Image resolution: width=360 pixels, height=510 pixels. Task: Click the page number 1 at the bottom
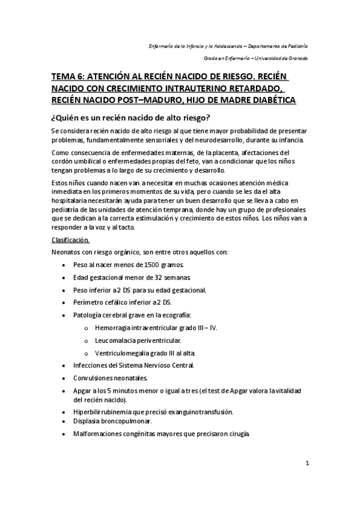[307, 464]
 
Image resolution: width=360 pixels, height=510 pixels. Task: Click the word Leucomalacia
[117, 340]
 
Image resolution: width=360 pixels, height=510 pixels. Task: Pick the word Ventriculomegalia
[126, 353]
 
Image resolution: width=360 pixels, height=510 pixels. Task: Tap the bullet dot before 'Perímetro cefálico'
[64, 303]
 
